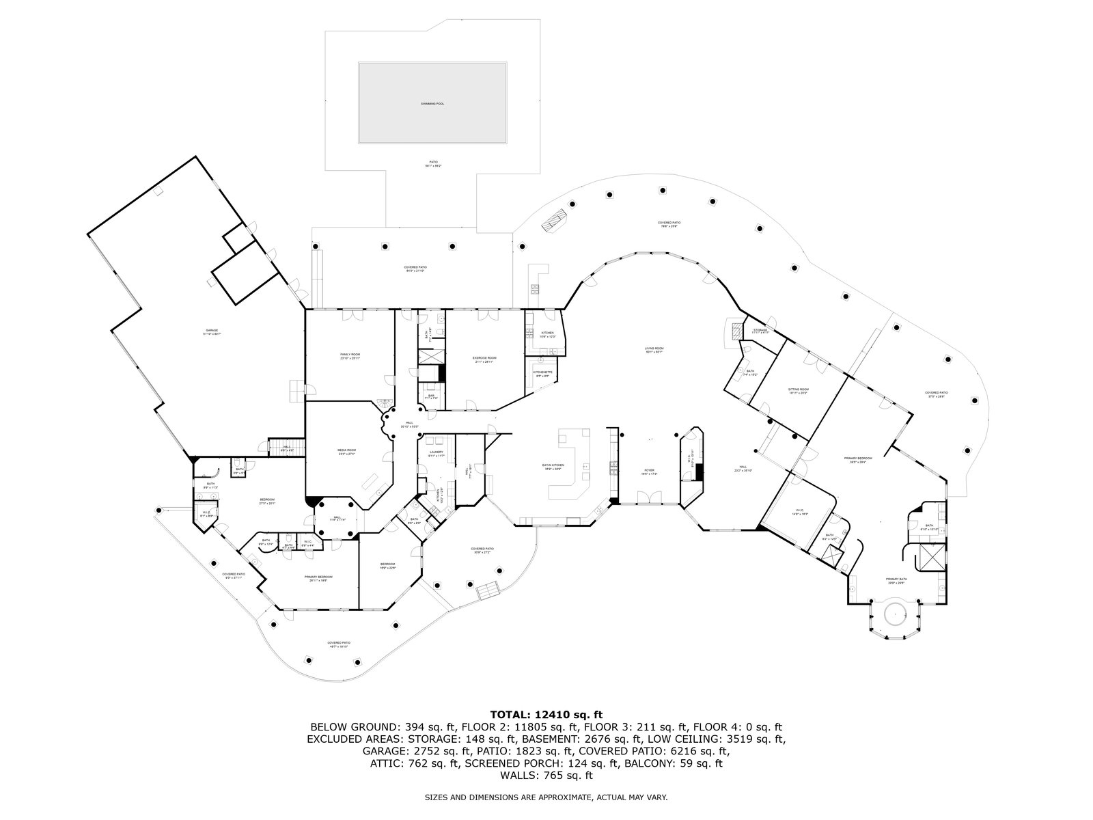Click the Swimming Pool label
pyautogui.click(x=432, y=103)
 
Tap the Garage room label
pyautogui.click(x=212, y=331)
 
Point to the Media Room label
pyautogui.click(x=347, y=450)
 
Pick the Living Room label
pyautogui.click(x=654, y=348)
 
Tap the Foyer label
pyautogui.click(x=649, y=471)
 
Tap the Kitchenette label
pyautogui.click(x=543, y=372)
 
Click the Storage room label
pyautogui.click(x=760, y=330)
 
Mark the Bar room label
pyautogui.click(x=431, y=396)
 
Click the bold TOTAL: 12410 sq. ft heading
pyautogui.click(x=546, y=715)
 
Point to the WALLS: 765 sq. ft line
pyautogui.click(x=546, y=776)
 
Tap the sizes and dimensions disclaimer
pyautogui.click(x=546, y=797)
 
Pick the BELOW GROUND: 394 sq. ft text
pyautogui.click(x=375, y=727)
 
